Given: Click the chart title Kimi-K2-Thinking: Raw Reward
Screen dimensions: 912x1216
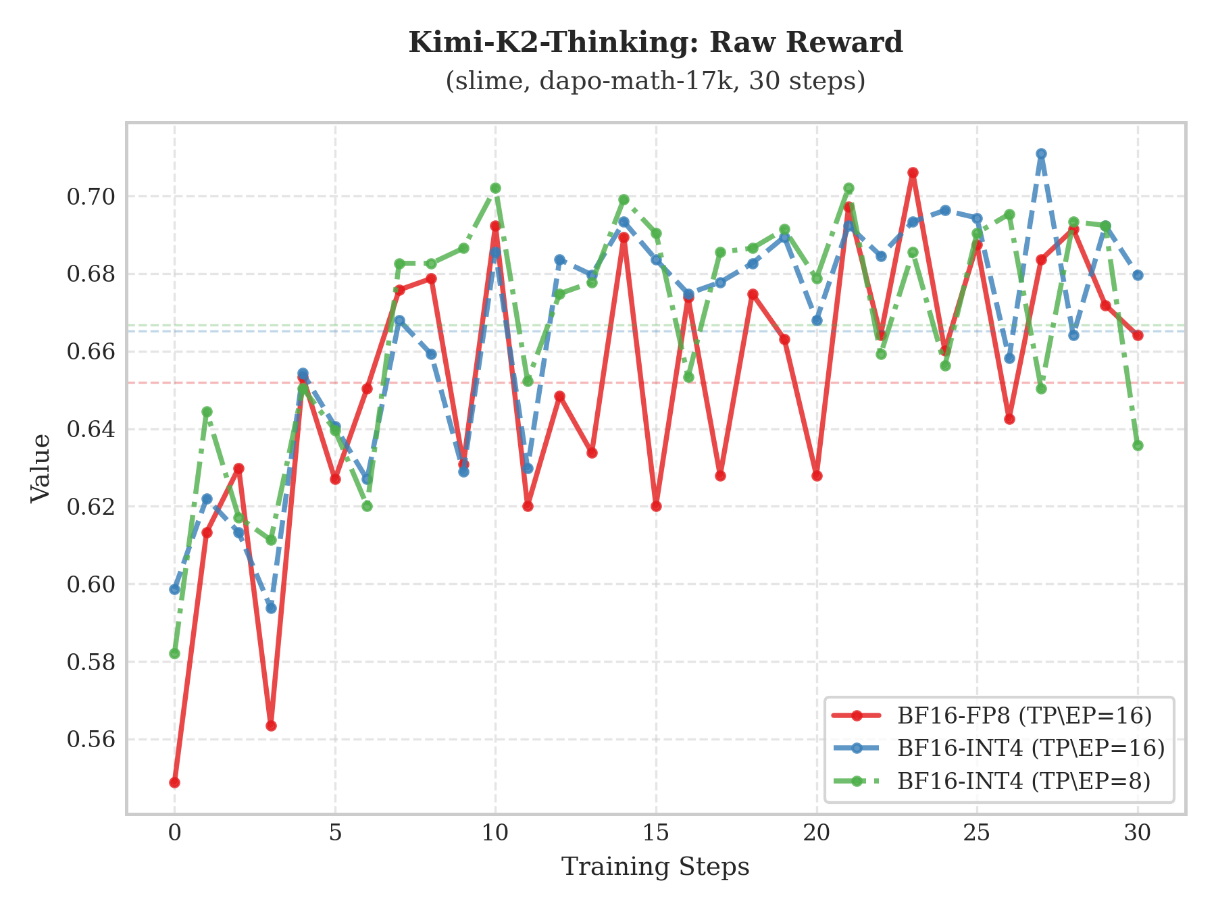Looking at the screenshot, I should [655, 43].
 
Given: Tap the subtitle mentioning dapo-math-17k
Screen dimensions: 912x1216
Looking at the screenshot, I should [655, 81].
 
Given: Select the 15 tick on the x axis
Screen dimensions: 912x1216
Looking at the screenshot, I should [655, 833].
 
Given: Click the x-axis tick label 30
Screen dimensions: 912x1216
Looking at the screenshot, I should [1138, 833].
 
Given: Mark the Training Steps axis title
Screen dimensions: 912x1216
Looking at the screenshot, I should [655, 867].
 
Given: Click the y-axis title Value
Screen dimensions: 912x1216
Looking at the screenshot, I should [41, 467].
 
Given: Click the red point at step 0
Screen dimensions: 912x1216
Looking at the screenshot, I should [175, 782].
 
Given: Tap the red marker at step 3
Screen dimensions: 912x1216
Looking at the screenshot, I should [271, 726].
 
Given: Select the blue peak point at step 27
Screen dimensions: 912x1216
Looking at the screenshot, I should [1041, 154].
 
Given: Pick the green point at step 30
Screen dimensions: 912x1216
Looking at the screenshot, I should [1138, 445].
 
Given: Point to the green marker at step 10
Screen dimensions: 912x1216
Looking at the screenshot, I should [495, 188].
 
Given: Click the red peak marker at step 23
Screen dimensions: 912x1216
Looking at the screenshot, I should [913, 173].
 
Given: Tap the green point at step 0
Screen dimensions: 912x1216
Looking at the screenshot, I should [175, 653].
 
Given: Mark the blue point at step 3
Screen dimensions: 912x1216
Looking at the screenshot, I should [271, 608].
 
